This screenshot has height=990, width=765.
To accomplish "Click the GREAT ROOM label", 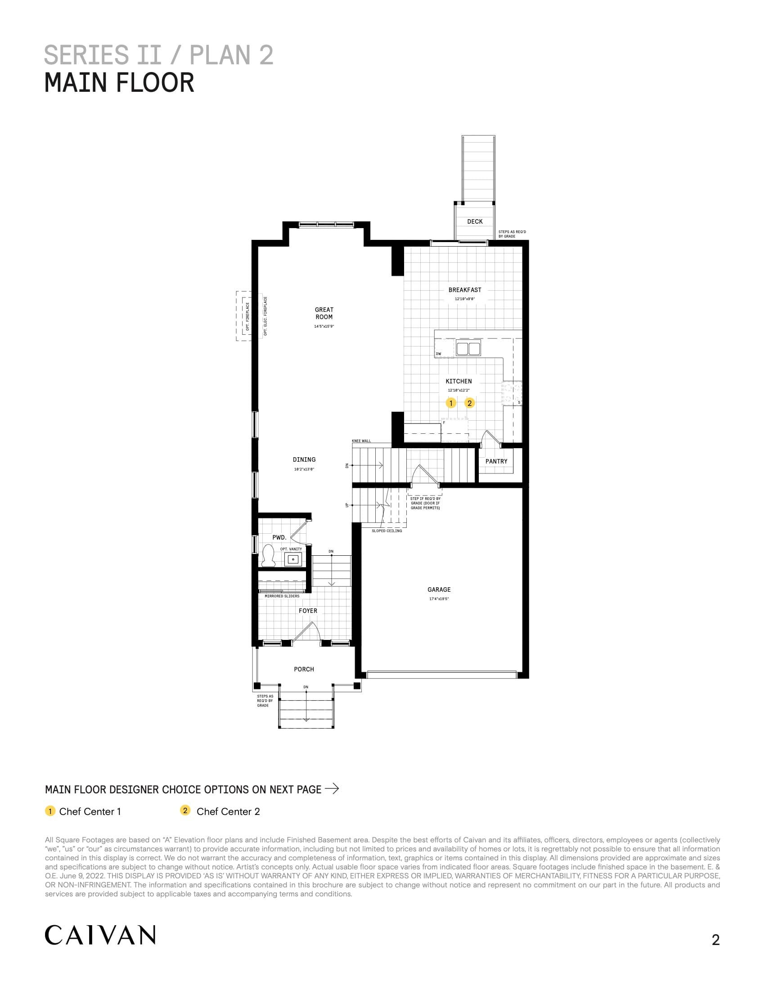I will click(324, 313).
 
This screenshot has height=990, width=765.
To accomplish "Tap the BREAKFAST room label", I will click(464, 290).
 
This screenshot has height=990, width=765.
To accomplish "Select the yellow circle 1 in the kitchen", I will click(451, 403).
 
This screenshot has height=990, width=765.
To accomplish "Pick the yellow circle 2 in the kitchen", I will click(469, 403).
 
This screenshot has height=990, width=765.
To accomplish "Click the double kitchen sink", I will click(468, 349).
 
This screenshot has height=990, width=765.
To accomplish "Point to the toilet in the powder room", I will click(268, 555).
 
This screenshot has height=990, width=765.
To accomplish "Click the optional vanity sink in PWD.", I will click(293, 559).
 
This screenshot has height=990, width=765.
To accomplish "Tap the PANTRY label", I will click(496, 461).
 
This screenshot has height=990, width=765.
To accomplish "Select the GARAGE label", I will click(439, 590).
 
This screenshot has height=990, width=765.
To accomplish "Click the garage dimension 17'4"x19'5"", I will click(439, 599).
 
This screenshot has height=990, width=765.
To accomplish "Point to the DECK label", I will click(475, 222).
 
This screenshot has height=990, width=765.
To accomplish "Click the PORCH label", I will click(304, 670).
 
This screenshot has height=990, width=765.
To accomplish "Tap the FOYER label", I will click(308, 611).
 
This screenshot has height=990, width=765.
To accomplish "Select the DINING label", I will click(304, 459).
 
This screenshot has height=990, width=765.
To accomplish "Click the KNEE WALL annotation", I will click(361, 441).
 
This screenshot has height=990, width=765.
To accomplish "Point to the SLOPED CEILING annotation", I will click(387, 531).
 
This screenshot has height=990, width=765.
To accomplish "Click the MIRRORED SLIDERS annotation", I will click(282, 596).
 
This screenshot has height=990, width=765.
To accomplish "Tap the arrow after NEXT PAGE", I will click(332, 788).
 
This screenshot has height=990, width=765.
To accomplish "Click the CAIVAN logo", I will click(100, 935).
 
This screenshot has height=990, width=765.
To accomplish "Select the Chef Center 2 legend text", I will click(228, 811).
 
